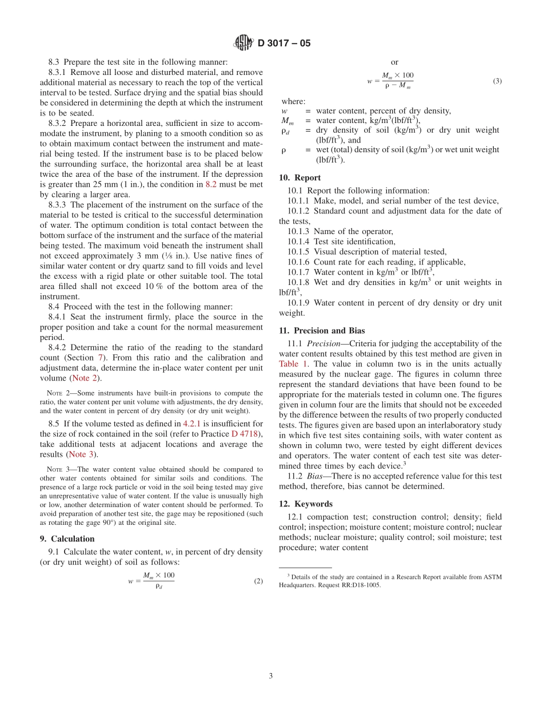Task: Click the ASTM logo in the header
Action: coord(243,43)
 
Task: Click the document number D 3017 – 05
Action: coord(284,43)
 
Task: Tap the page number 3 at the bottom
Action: coord(271,675)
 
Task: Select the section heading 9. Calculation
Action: coord(73,539)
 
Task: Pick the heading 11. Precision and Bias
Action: coord(322,330)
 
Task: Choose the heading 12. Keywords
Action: coord(305,504)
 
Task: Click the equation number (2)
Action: coord(258,581)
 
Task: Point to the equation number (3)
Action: coord(497,81)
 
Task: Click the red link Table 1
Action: coord(294,363)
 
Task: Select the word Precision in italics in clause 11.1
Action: coord(324,343)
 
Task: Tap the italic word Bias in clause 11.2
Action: coord(316,476)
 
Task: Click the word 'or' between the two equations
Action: coord(394,62)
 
